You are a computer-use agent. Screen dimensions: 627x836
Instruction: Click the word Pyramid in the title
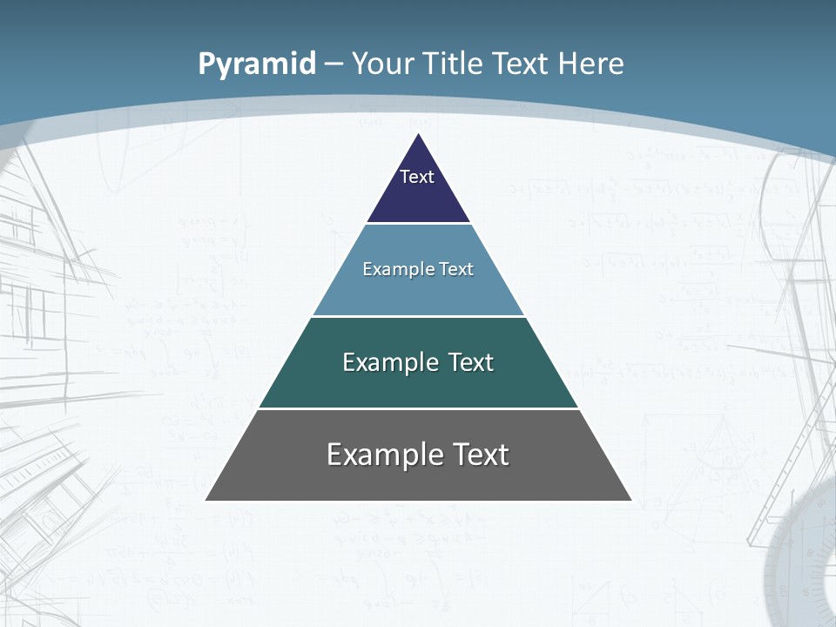click(x=257, y=64)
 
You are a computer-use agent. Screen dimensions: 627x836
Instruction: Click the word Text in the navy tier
click(x=416, y=177)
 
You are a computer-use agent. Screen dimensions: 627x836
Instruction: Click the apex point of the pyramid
click(x=419, y=135)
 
